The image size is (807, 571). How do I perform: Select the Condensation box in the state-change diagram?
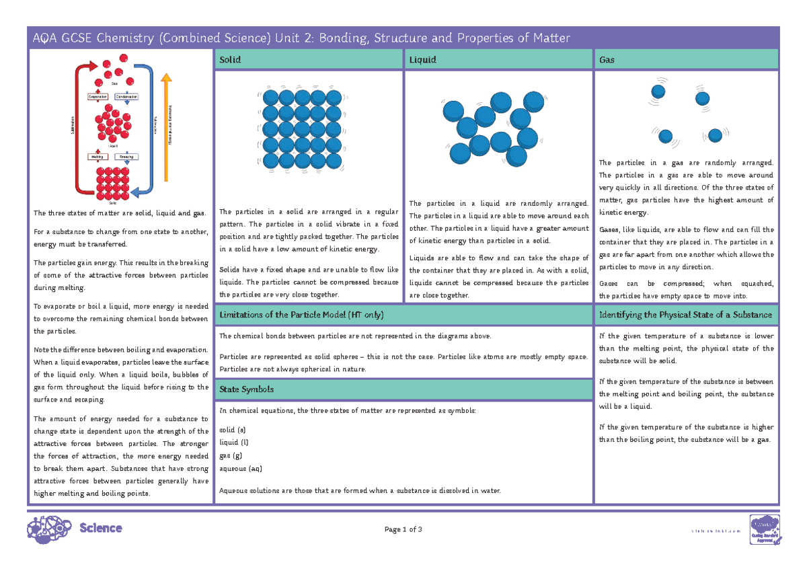point(126,97)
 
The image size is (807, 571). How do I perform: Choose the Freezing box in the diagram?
point(127,157)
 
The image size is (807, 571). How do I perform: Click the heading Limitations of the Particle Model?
point(302,315)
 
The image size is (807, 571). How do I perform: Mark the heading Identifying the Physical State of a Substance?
point(685,315)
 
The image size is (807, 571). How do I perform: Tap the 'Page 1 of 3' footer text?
point(403,529)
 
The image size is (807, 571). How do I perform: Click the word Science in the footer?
point(101,529)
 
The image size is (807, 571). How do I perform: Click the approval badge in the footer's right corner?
point(765,528)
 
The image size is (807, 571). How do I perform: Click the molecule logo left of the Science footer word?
point(48,528)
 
